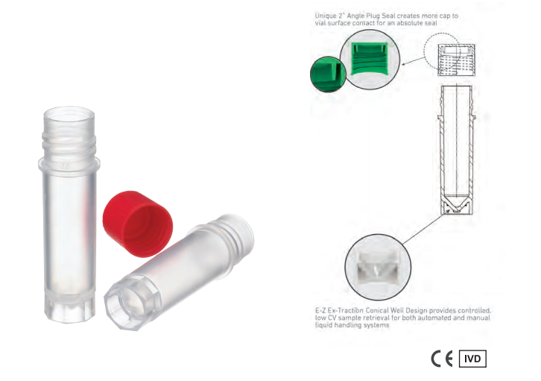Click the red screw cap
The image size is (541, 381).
click(x=137, y=223)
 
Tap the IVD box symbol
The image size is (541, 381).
click(x=472, y=359)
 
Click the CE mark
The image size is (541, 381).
click(x=442, y=359)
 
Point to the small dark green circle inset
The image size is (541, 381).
click(x=327, y=74)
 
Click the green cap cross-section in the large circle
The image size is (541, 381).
click(x=369, y=58)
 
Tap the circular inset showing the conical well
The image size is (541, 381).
click(x=378, y=267)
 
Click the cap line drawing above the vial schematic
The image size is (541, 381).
click(x=457, y=60)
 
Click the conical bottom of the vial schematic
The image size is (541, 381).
click(x=456, y=204)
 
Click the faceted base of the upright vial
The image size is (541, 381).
click(x=69, y=307)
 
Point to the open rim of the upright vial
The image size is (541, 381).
click(x=69, y=114)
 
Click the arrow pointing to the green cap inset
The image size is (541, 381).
click(x=414, y=60)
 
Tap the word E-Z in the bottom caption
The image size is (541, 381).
click(x=320, y=310)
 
